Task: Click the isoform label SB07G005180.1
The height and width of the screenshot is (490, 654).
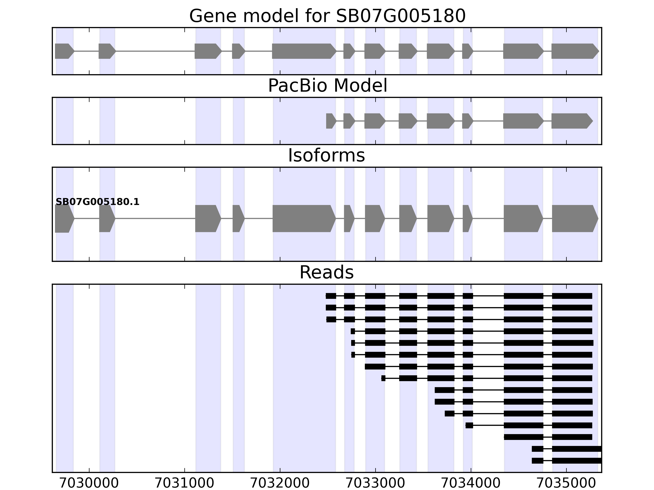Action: [97, 202]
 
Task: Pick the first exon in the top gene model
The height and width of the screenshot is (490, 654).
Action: [64, 51]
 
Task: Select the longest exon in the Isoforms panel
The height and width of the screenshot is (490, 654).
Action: [303, 219]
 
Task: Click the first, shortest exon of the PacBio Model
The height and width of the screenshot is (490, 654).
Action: [330, 121]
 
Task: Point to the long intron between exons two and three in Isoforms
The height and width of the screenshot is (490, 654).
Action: [155, 219]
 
